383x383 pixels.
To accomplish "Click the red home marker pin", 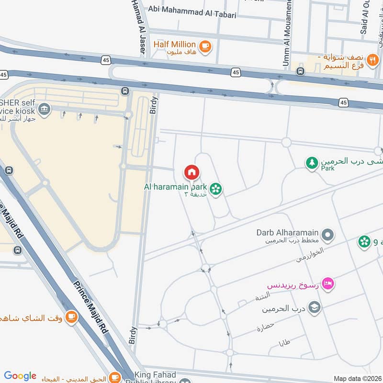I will tap(191, 172).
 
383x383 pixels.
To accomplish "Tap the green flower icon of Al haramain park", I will tap(216, 190).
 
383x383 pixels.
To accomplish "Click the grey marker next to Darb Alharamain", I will tap(327, 235).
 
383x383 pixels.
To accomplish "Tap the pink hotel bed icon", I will tap(328, 284).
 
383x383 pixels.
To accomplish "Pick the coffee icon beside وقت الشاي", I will tap(71, 317).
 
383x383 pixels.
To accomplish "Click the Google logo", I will tap(20, 376).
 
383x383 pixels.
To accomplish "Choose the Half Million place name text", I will tap(174, 45).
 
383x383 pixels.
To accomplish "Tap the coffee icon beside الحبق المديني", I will tap(115, 377).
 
